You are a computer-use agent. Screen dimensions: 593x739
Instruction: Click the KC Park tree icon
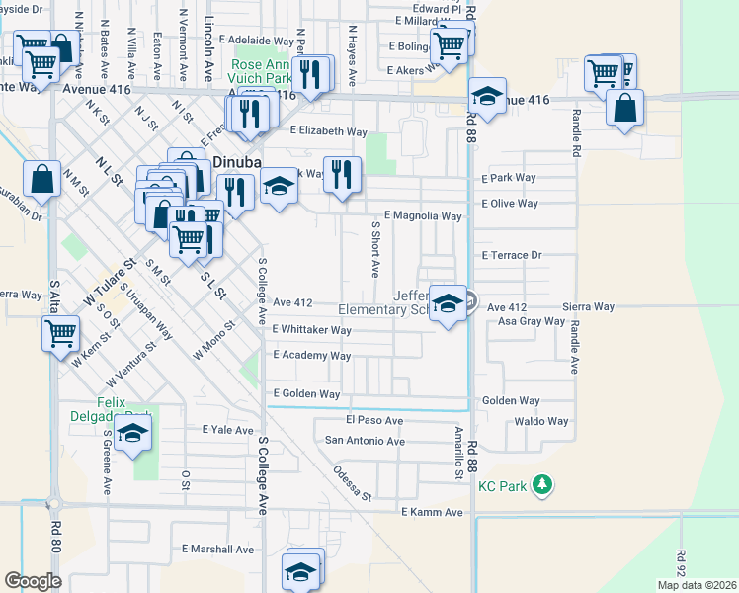pos(541,485)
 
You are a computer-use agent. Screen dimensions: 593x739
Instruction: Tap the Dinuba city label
pos(233,163)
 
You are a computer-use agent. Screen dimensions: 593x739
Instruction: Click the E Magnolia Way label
pos(423,215)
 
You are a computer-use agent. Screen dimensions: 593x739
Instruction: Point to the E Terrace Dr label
pos(512,255)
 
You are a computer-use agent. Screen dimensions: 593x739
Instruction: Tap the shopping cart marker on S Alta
pos(60,333)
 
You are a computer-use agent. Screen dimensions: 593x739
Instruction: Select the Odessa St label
pos(352,482)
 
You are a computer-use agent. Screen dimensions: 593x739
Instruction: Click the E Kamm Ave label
pos(432,512)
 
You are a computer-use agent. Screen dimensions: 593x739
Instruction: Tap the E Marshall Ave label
pos(218,550)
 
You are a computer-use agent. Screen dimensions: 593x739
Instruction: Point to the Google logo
pos(33,581)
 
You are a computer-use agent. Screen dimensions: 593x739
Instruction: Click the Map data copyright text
pos(697,585)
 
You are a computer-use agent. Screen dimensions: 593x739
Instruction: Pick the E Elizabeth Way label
pos(328,130)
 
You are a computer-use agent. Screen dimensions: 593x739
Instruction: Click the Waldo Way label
pos(541,421)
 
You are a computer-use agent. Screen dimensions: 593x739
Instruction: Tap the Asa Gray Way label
pos(531,321)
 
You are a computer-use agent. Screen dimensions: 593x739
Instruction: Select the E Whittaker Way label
pos(311,330)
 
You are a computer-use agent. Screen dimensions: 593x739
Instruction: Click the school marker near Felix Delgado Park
pos(132,433)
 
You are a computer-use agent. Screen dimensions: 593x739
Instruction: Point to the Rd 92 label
pos(682,564)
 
